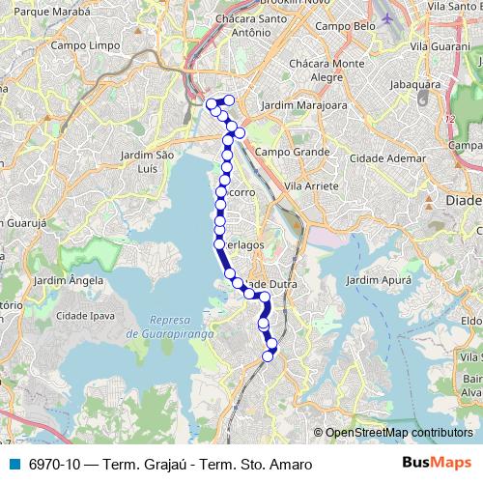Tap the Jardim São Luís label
pyautogui.click(x=147, y=160)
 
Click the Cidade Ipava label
pyautogui.click(x=86, y=315)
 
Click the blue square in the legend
pyautogui.click(x=14, y=464)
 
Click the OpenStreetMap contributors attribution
pyautogui.click(x=398, y=433)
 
